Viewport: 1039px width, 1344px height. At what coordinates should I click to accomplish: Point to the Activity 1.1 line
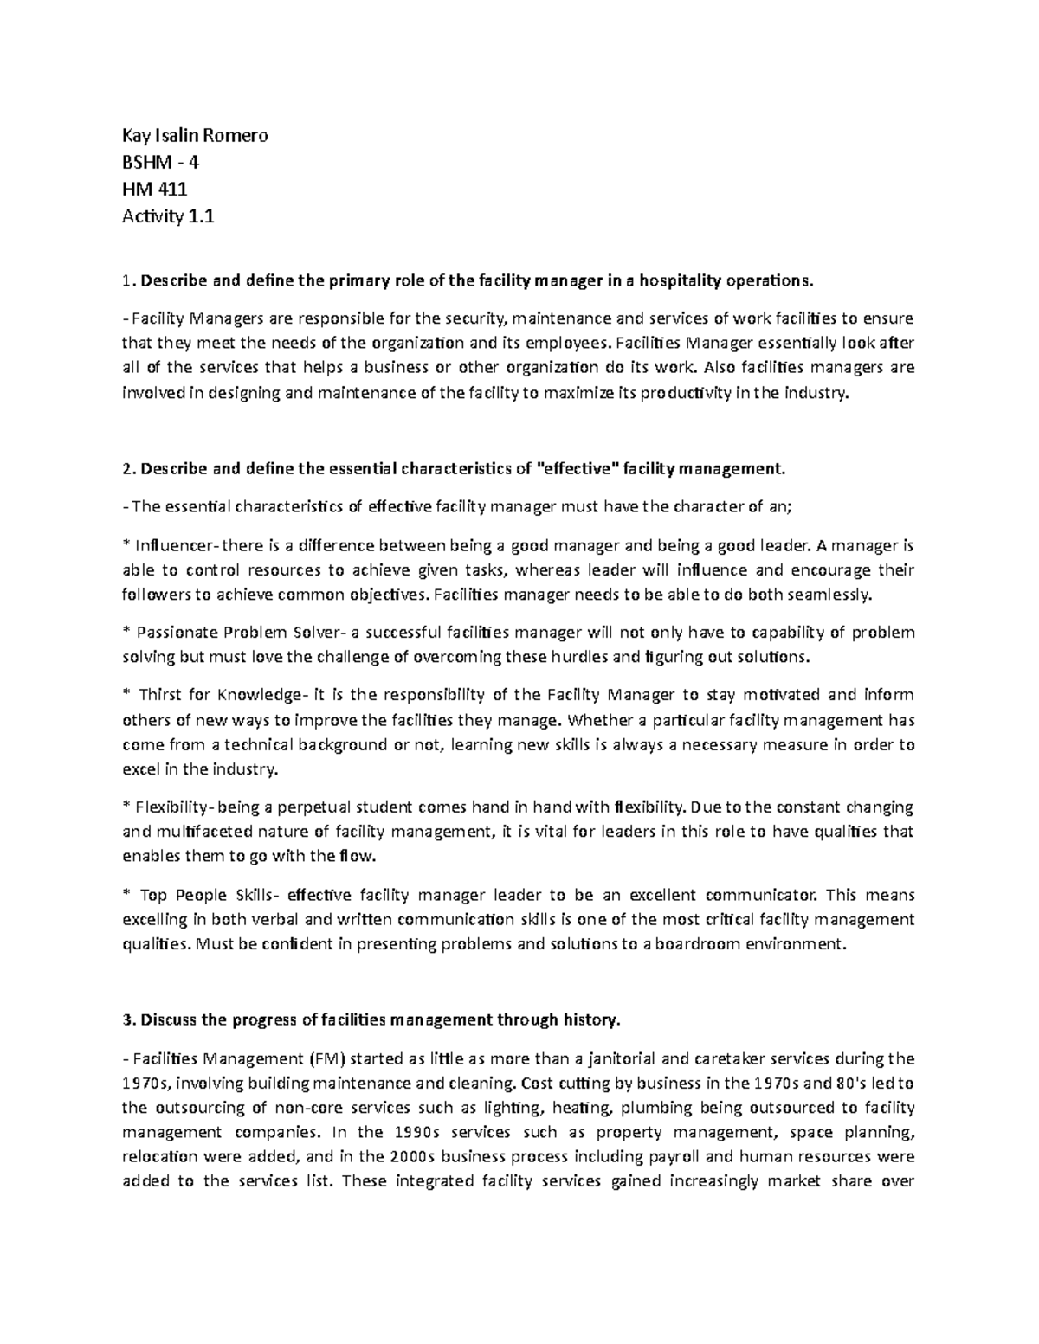pos(167,216)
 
